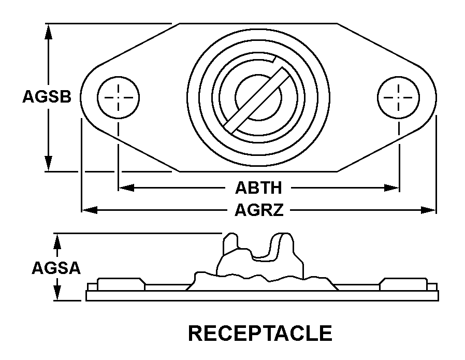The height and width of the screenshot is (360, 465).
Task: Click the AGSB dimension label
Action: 47,97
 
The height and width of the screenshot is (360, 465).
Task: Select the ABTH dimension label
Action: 258,188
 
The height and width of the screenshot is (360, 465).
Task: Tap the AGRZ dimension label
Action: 259,210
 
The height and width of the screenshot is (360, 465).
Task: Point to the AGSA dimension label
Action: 56,268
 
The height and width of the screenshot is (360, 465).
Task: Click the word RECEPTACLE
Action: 260,333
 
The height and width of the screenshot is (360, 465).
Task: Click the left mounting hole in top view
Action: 119,97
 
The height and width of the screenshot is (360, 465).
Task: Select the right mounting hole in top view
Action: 399,97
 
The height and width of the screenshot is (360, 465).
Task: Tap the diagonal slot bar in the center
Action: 257,100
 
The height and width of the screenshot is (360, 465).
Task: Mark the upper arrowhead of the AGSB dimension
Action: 48,32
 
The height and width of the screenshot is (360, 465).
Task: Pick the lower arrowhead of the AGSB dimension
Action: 48,163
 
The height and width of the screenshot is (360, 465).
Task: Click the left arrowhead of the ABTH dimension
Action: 126,188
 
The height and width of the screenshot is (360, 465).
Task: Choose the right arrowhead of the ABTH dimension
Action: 391,188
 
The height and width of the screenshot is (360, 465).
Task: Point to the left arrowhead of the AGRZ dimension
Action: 90,210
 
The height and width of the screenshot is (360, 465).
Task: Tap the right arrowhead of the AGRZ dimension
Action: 429,210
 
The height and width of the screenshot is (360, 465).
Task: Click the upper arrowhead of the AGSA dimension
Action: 57,241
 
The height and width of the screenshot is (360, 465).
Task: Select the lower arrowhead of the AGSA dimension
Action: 57,293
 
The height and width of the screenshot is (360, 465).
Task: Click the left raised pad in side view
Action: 121,284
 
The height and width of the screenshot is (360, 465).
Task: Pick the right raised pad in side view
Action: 403,284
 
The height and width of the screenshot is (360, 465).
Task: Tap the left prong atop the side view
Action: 230,243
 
